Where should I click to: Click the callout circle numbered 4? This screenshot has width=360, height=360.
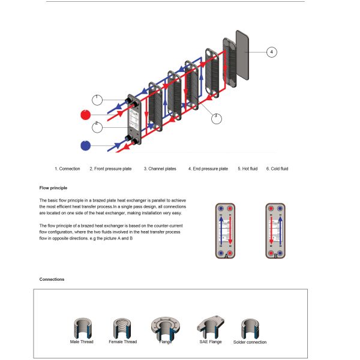click(271, 52)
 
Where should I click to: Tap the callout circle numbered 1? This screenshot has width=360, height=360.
click(98, 98)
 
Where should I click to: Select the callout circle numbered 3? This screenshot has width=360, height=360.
click(217, 118)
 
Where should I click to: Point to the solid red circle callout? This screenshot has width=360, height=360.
click(86, 114)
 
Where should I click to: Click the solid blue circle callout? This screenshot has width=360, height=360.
click(86, 145)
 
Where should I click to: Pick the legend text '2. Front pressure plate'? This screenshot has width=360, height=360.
click(110, 169)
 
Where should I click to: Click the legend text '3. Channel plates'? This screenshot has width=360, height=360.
click(160, 169)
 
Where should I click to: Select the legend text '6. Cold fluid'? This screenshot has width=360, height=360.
click(277, 169)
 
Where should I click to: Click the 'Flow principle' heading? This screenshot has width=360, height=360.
click(53, 188)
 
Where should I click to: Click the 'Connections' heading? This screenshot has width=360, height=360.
click(52, 280)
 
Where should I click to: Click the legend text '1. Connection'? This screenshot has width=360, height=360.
click(67, 169)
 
